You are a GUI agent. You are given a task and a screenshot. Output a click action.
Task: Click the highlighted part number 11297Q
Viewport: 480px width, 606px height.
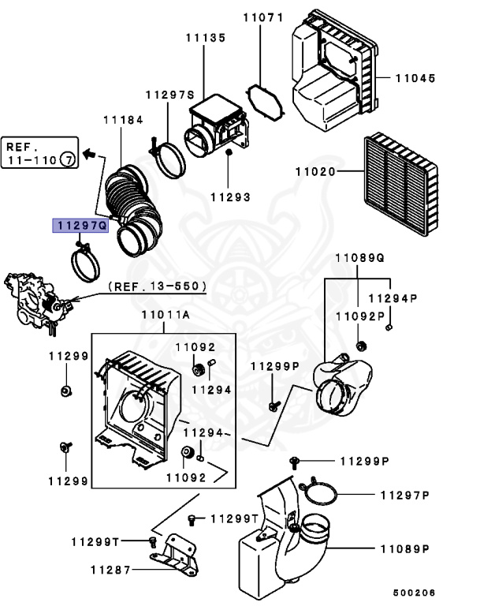tap(80, 226)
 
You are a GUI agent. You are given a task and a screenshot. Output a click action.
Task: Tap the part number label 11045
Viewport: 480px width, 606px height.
tap(415, 78)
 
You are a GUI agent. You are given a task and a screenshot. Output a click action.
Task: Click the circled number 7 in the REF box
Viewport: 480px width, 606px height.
tap(69, 160)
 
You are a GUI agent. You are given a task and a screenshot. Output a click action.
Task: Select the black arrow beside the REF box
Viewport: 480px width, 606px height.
tap(91, 153)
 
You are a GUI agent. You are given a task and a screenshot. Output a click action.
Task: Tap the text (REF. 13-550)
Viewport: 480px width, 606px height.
tap(157, 286)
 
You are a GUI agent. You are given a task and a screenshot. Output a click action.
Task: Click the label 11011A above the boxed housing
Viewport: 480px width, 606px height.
tap(166, 316)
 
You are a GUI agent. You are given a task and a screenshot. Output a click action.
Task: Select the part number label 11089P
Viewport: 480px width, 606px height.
tap(404, 548)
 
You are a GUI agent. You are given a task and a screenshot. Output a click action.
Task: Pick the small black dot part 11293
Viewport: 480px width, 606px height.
tap(228, 151)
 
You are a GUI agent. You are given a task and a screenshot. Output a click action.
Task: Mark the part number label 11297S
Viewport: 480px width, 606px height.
tap(169, 95)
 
